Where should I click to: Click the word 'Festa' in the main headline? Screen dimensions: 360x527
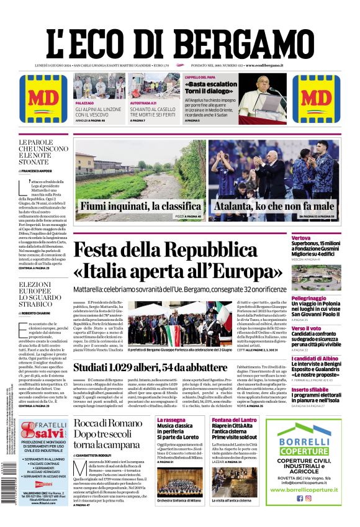(x=109, y=253)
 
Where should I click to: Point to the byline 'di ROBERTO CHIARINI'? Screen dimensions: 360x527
(x=35, y=314)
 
